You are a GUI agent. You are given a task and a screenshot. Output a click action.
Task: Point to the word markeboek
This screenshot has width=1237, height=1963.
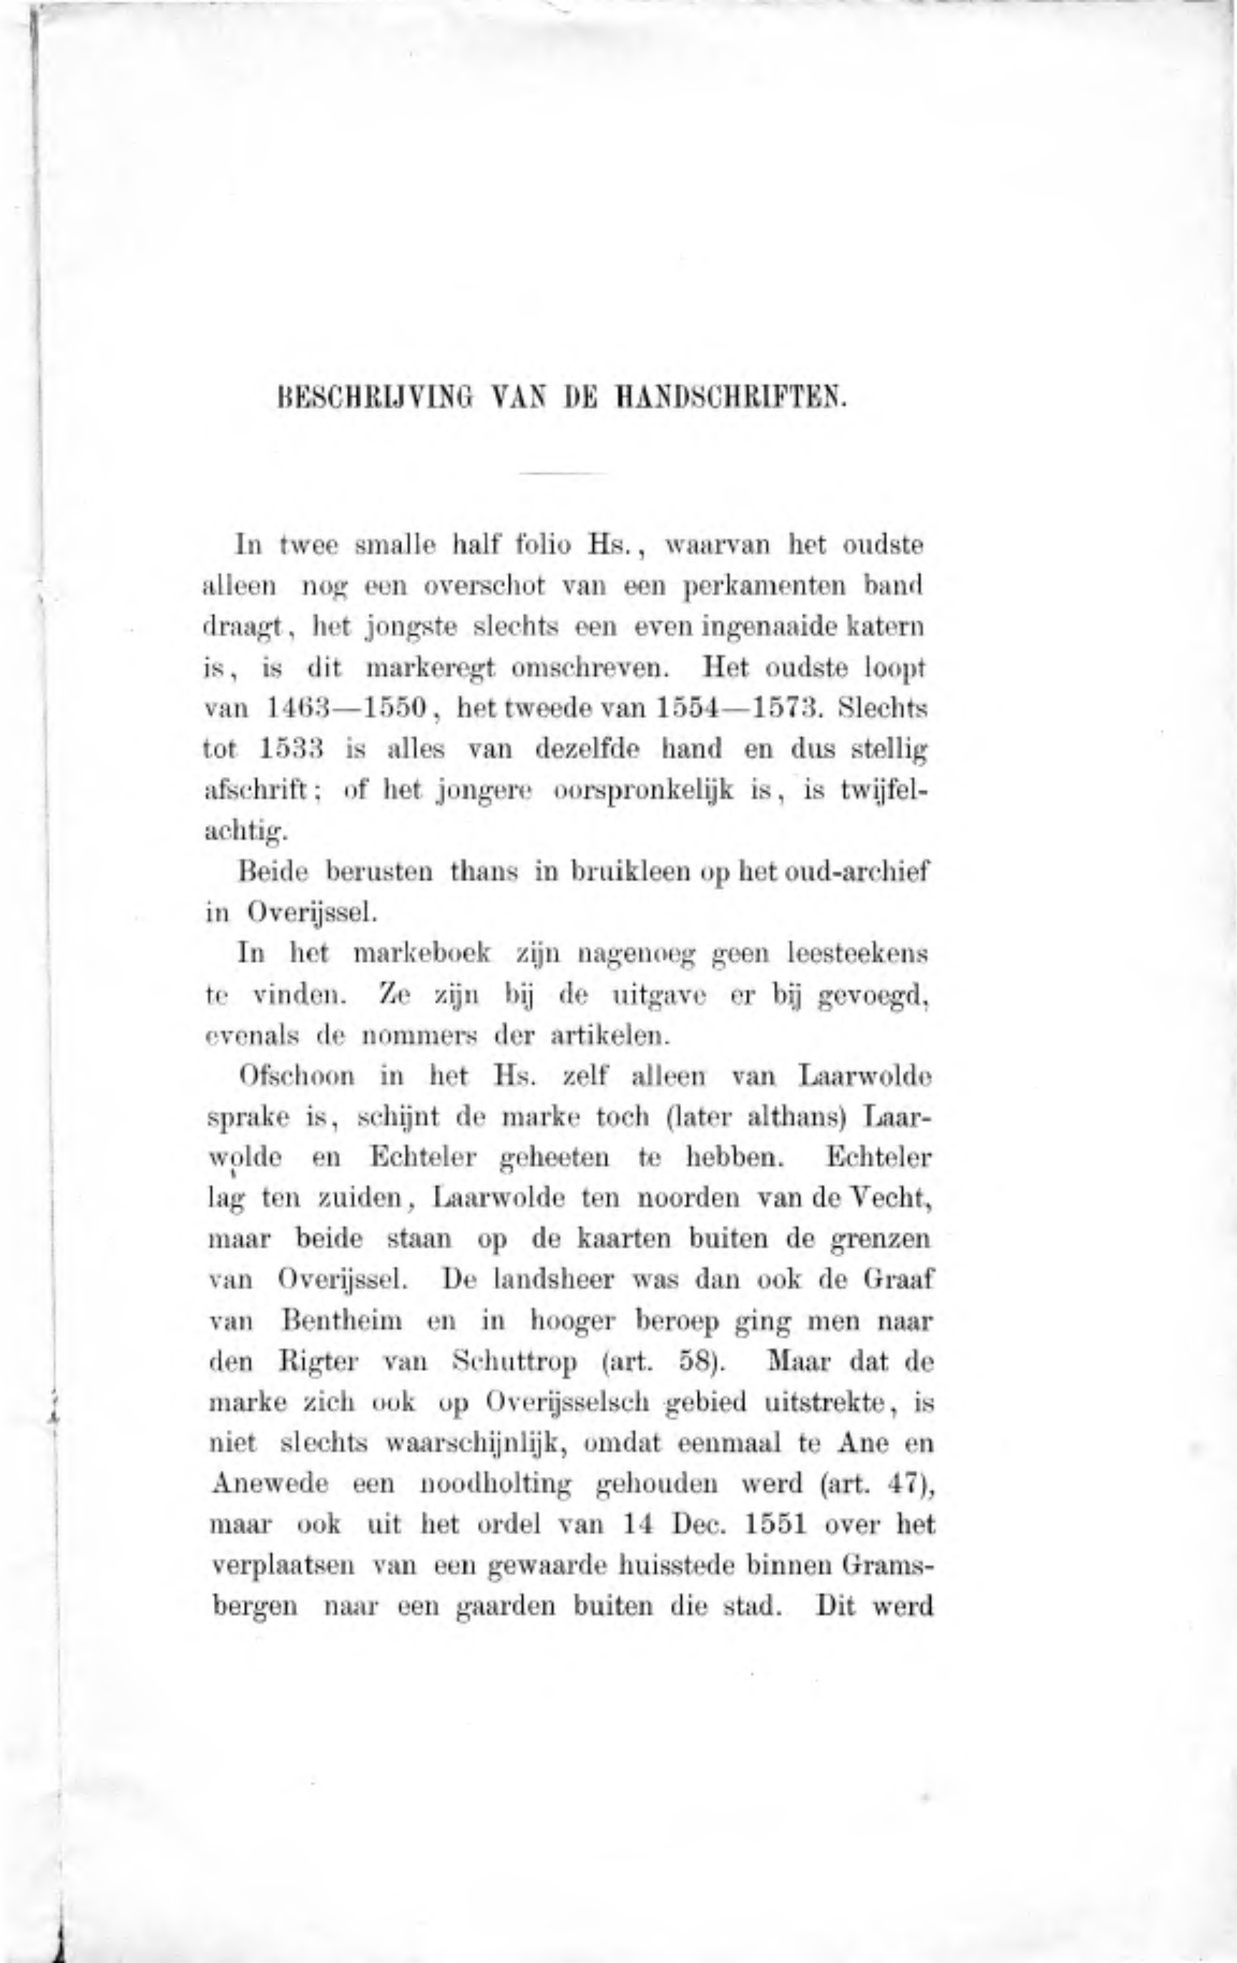(422, 953)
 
